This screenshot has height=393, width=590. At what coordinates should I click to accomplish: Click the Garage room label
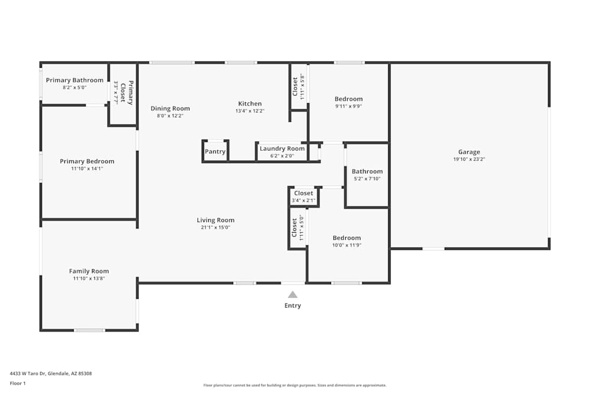pyautogui.click(x=469, y=152)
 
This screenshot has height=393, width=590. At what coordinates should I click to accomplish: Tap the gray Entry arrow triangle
pyautogui.click(x=293, y=295)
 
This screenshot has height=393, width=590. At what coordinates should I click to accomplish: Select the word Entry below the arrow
pyautogui.click(x=293, y=306)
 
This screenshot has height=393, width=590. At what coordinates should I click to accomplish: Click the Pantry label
pyautogui.click(x=215, y=151)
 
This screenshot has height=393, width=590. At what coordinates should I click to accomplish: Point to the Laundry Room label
pyautogui.click(x=282, y=148)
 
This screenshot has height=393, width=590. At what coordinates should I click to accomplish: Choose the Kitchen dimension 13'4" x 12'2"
pyautogui.click(x=250, y=111)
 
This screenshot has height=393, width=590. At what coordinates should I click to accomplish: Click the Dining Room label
pyautogui.click(x=170, y=108)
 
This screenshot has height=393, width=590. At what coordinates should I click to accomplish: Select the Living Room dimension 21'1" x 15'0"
pyautogui.click(x=215, y=227)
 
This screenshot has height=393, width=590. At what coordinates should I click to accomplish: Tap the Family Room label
pyautogui.click(x=88, y=272)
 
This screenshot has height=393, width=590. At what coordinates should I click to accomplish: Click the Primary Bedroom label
pyautogui.click(x=87, y=161)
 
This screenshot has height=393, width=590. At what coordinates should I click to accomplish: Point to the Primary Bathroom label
pyautogui.click(x=74, y=80)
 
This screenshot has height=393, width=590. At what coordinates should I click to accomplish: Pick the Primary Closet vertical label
pyautogui.click(x=127, y=93)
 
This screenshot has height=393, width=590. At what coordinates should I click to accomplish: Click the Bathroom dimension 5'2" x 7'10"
pyautogui.click(x=367, y=179)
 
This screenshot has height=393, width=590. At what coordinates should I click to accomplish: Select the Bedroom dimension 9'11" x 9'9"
pyautogui.click(x=349, y=106)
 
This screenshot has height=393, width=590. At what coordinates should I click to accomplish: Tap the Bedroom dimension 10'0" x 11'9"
pyautogui.click(x=346, y=245)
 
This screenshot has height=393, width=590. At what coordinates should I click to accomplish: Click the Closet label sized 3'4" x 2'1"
pyautogui.click(x=303, y=193)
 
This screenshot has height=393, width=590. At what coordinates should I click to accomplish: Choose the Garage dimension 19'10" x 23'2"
pyautogui.click(x=469, y=159)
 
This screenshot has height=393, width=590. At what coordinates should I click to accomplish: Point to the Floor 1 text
pyautogui.click(x=18, y=383)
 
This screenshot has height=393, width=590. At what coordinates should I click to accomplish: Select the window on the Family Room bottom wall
pyautogui.click(x=89, y=330)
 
